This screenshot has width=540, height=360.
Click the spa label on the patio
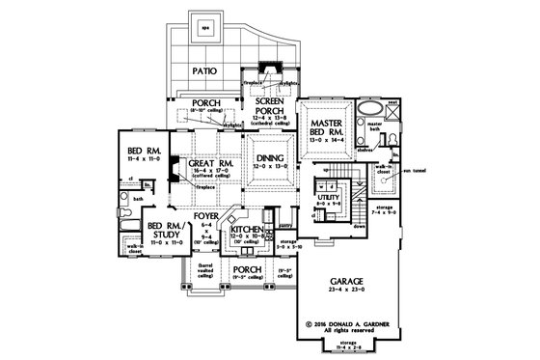[203, 29]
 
